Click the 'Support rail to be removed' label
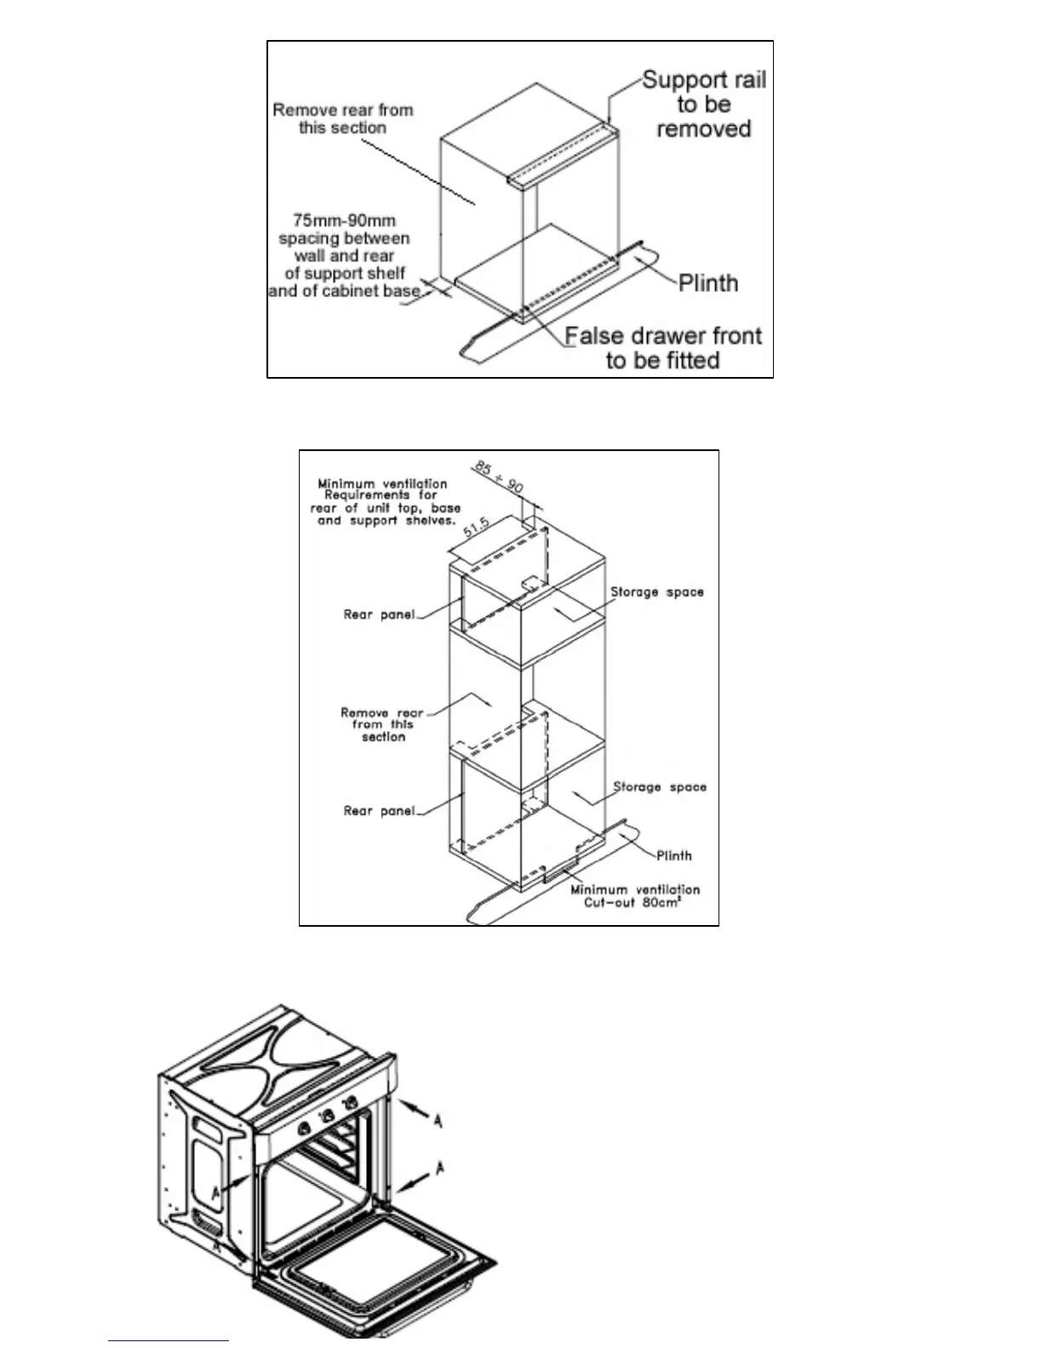coord(703,105)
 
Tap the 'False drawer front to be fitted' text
coord(663,348)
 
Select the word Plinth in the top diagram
coord(708,283)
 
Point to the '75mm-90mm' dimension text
coord(344,220)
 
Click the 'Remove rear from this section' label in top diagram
coord(342,119)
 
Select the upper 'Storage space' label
coord(656,591)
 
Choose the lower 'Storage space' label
coord(660,787)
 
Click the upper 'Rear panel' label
coord(378,614)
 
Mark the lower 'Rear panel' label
coord(378,811)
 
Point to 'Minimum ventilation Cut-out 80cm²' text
coord(634,896)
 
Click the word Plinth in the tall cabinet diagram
coord(673,855)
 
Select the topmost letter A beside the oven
coord(438,1122)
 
